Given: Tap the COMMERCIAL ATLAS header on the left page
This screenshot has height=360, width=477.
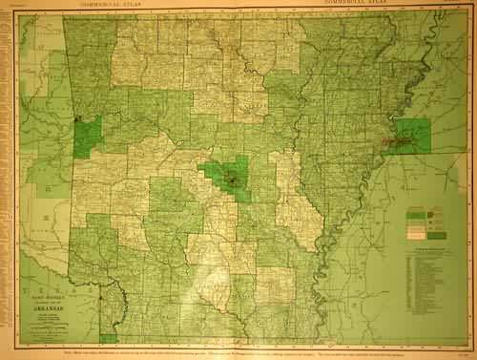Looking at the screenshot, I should pos(107,5).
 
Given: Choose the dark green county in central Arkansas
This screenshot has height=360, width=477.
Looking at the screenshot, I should pos(230,177).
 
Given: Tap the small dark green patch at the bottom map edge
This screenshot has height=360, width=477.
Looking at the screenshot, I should pos(108,337).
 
